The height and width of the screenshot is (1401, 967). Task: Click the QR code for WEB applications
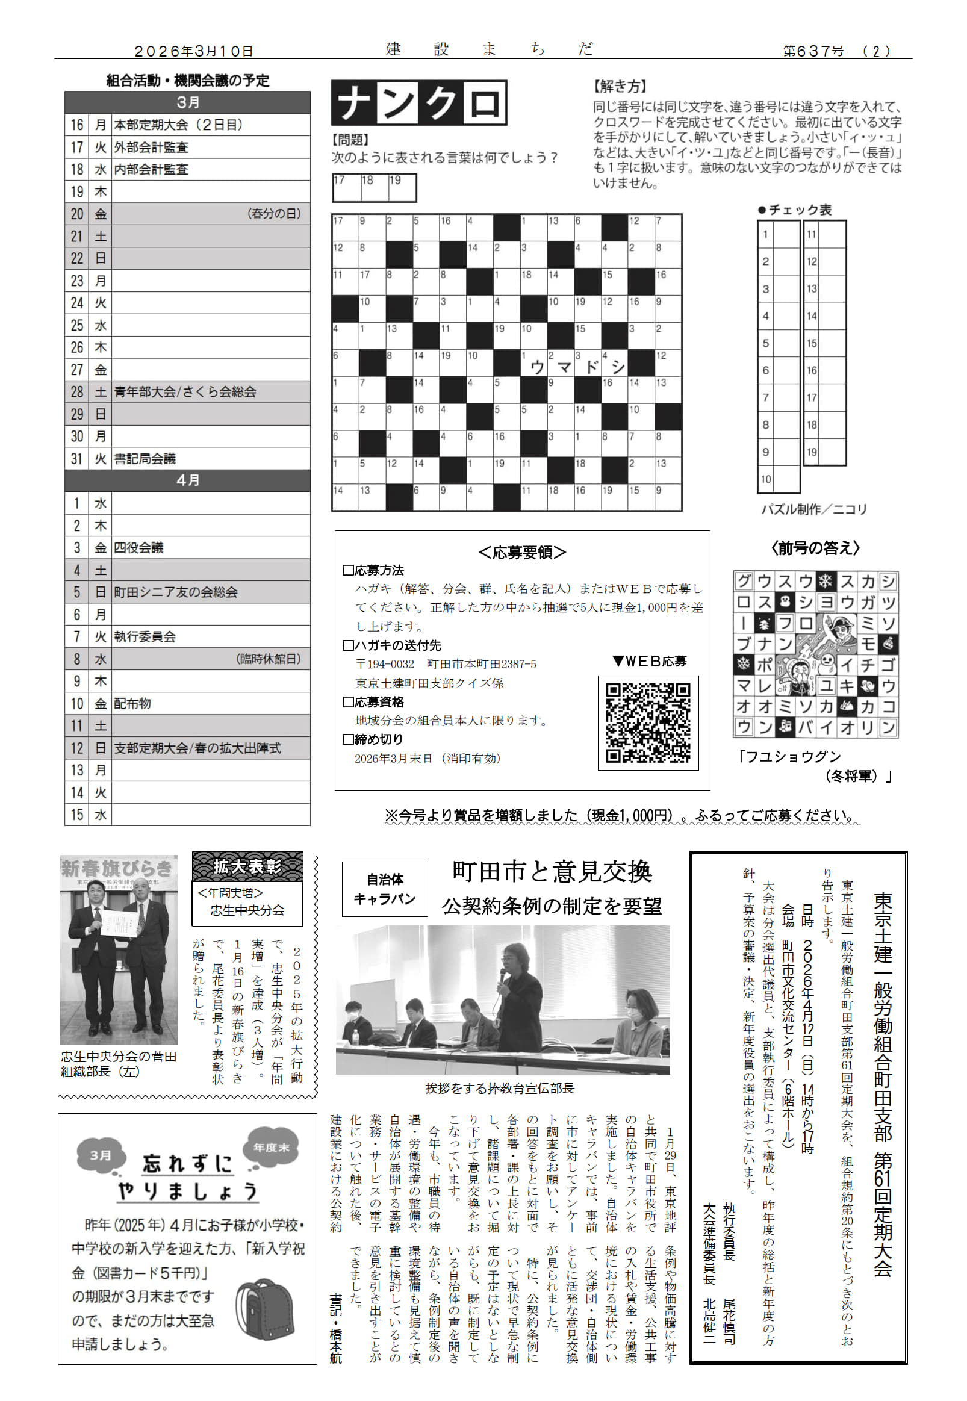tap(648, 722)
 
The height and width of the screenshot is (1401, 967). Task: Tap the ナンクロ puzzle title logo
tap(418, 103)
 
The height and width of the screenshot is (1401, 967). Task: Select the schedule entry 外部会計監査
tap(151, 147)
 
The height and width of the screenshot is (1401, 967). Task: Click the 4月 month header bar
tap(187, 480)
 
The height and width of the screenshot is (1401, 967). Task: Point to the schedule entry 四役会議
tap(138, 547)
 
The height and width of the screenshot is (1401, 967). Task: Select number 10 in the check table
tap(766, 479)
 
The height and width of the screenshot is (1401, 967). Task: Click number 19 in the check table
tap(812, 452)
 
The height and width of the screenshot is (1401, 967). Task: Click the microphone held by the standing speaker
tap(502, 974)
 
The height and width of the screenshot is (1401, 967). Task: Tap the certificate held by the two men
tap(119, 928)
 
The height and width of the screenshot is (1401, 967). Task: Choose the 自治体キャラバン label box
tap(384, 889)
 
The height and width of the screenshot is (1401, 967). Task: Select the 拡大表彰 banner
tap(247, 867)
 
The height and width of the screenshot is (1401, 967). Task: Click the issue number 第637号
tap(813, 52)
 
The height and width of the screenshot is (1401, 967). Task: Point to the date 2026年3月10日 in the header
tap(193, 52)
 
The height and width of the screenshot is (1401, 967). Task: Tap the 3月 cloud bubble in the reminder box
tap(101, 1155)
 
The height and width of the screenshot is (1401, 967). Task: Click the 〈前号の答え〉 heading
tap(815, 548)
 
